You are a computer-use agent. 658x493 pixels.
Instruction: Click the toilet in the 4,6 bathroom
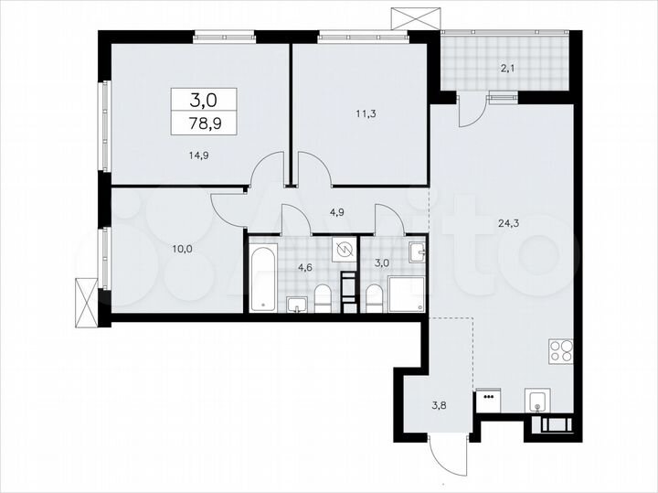click(323, 296)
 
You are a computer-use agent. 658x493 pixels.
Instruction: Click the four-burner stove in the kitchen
click(559, 351)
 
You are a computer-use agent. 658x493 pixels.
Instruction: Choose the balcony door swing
click(470, 109)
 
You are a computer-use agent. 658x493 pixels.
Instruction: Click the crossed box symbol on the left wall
click(83, 301)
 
